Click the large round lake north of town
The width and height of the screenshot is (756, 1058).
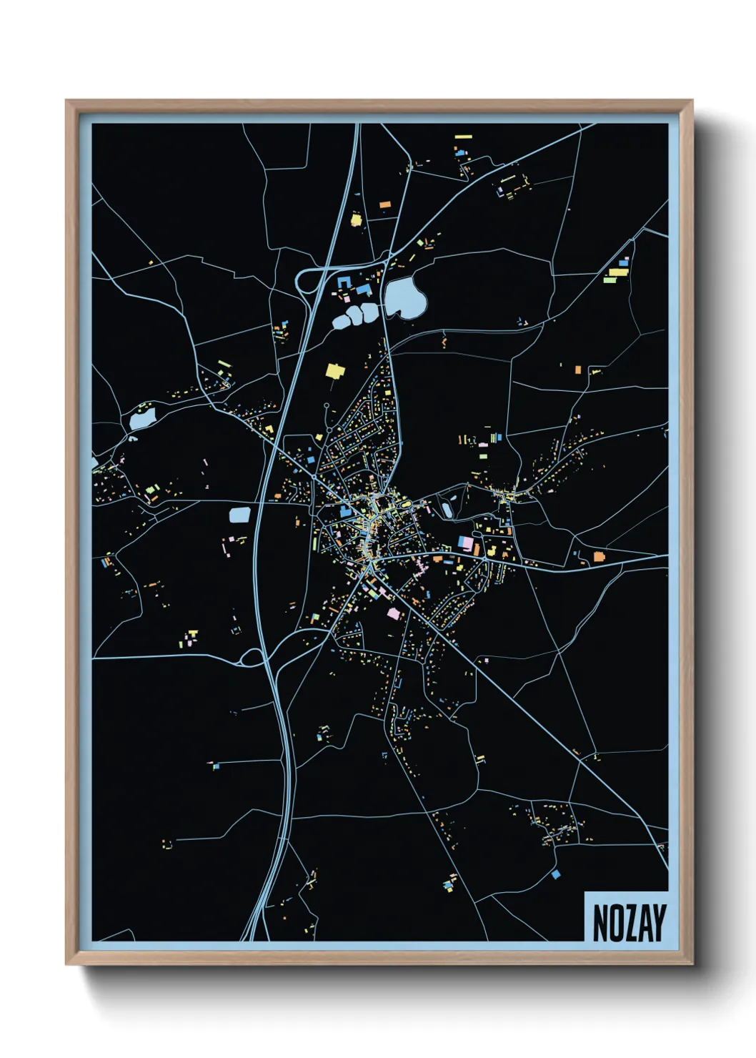click(x=404, y=297)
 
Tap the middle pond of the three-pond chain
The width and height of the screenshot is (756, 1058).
click(x=354, y=315)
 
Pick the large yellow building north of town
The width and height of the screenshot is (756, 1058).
click(x=335, y=370)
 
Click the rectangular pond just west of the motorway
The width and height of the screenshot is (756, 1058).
click(x=239, y=515)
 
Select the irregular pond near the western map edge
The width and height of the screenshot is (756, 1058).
click(x=142, y=417)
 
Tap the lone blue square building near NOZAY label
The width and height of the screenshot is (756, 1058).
click(x=555, y=874)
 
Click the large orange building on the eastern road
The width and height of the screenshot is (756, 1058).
click(x=599, y=555)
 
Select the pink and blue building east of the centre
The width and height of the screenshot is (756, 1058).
click(x=465, y=543)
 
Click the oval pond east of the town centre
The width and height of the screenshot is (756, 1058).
click(x=447, y=510)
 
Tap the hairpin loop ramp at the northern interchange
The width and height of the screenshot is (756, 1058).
click(x=303, y=280)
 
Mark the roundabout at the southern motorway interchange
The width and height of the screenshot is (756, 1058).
click(x=252, y=657)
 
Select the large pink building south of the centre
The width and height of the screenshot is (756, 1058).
click(x=393, y=613)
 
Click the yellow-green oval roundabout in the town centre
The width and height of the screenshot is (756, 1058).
click(x=406, y=505)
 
